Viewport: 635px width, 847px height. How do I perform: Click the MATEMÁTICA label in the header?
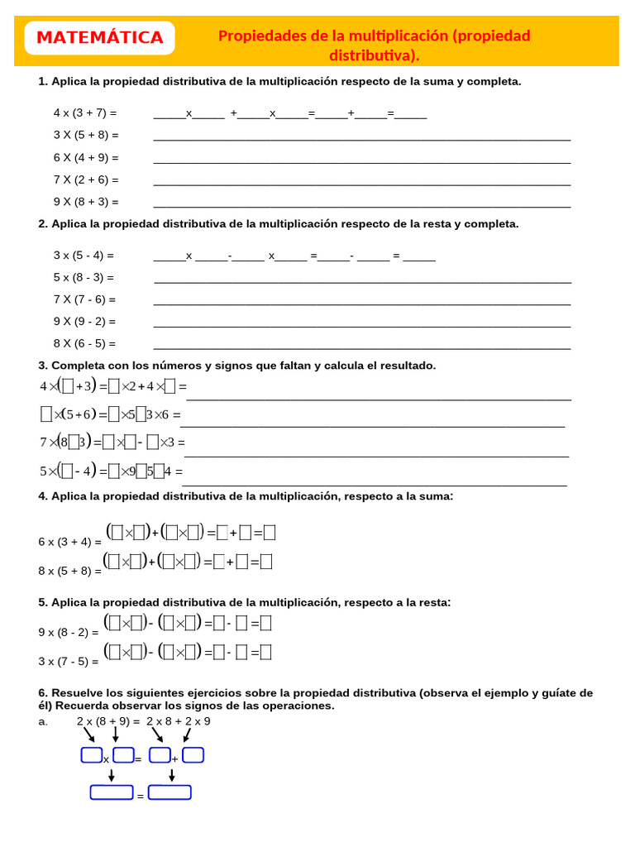(x=100, y=38)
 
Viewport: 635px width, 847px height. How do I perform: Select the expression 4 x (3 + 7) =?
(x=85, y=112)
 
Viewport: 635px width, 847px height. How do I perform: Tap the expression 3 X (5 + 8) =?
(x=86, y=135)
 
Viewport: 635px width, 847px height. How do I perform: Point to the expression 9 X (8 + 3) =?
(x=86, y=202)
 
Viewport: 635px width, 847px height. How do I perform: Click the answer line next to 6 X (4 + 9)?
(x=362, y=161)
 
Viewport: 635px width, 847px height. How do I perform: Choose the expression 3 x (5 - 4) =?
(x=84, y=256)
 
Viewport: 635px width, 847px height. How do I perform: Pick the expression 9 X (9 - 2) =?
(x=84, y=322)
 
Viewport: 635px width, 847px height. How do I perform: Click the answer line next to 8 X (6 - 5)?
(x=362, y=347)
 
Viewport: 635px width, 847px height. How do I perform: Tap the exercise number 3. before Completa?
(x=43, y=366)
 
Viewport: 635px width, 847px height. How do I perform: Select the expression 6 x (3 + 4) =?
(x=69, y=542)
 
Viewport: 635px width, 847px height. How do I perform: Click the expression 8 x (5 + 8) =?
(x=69, y=571)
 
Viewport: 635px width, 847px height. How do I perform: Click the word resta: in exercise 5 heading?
(x=435, y=602)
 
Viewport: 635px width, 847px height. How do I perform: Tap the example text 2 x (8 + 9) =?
(x=108, y=721)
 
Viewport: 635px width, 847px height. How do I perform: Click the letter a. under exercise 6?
(x=43, y=721)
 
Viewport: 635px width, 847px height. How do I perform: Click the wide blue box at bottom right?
(x=169, y=792)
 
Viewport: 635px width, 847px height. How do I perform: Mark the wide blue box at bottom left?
(x=112, y=792)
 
